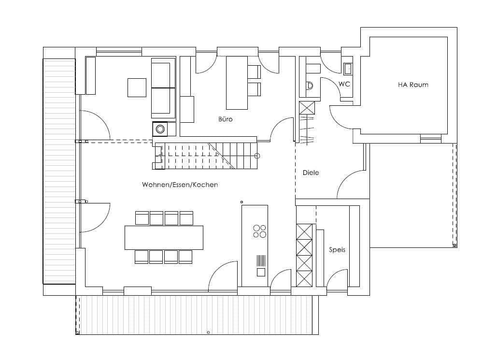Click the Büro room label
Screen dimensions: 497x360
pos(226,119)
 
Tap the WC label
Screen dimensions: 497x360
pos(344,84)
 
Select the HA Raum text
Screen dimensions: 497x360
pos(413,85)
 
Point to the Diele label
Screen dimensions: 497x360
pos(311,173)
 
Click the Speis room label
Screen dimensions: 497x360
pos(337,250)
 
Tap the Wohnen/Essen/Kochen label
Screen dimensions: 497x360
pos(180,185)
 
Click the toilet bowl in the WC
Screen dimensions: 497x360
pos(309,86)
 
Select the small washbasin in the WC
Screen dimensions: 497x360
pos(348,68)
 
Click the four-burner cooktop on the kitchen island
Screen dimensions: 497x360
pos(259,231)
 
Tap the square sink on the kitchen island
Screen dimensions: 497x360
pos(261,272)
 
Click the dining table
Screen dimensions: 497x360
pos(164,238)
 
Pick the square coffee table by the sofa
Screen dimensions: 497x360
pos(137,87)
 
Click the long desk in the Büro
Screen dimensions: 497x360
pos(237,83)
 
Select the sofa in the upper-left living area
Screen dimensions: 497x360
pos(163,88)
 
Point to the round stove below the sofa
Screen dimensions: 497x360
pos(160,129)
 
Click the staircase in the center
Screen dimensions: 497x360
pos(206,156)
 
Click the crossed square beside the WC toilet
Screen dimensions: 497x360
pos(307,108)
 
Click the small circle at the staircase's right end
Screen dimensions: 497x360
pos(257,156)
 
